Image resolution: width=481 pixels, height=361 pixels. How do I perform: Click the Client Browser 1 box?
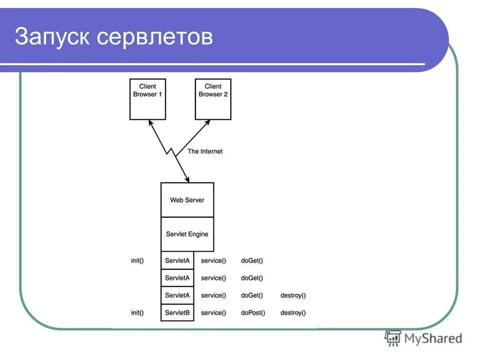[147, 99]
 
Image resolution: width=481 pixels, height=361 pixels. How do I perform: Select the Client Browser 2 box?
[213, 99]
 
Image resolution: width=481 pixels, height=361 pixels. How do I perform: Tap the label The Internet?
[205, 151]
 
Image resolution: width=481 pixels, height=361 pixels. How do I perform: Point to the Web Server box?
[187, 200]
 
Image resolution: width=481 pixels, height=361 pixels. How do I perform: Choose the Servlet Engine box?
[187, 234]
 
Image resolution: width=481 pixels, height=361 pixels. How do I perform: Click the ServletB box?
[177, 312]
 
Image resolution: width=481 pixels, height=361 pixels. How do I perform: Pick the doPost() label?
[253, 312]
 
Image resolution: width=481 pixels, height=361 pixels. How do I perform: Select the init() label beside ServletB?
[137, 312]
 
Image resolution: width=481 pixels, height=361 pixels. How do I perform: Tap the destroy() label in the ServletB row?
[293, 312]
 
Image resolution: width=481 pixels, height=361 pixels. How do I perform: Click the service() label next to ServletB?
[213, 312]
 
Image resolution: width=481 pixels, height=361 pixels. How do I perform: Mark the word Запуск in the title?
[52, 37]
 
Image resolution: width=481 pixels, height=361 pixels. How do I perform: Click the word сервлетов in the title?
[155, 37]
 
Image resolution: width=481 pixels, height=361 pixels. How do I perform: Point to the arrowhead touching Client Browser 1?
[150, 123]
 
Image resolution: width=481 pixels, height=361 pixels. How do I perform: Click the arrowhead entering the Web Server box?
[187, 179]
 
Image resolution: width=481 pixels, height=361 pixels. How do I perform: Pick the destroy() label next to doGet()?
[293, 295]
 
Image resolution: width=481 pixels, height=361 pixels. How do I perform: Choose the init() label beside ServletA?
[137, 260]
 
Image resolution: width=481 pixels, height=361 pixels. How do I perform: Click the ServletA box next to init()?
[177, 260]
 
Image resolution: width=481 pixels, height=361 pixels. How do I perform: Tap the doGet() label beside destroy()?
[252, 295]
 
